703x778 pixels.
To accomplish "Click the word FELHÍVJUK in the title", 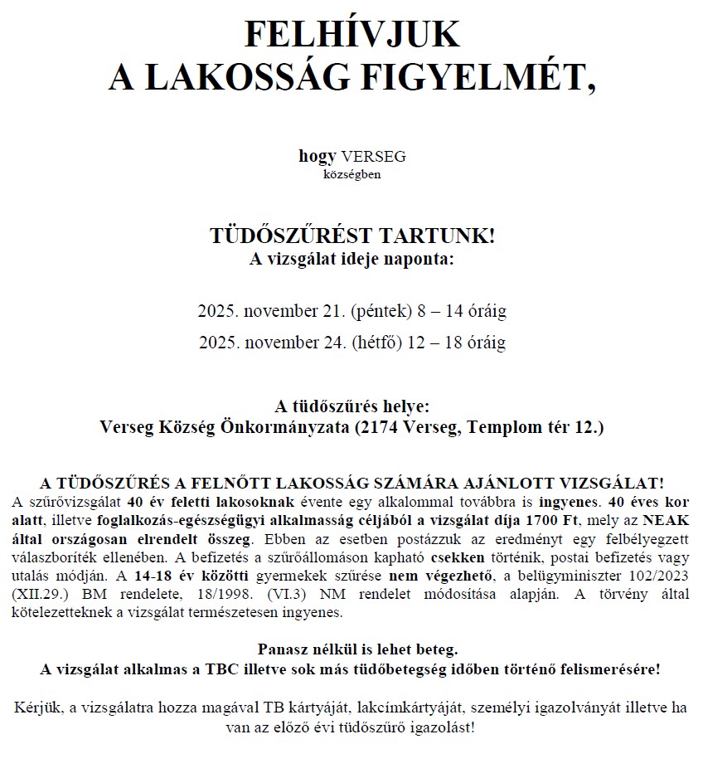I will point(351,35).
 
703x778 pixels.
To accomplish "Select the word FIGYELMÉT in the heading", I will point(478,77).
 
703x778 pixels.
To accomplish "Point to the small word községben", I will point(351,174).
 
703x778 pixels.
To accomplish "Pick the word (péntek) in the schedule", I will point(381,312).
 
